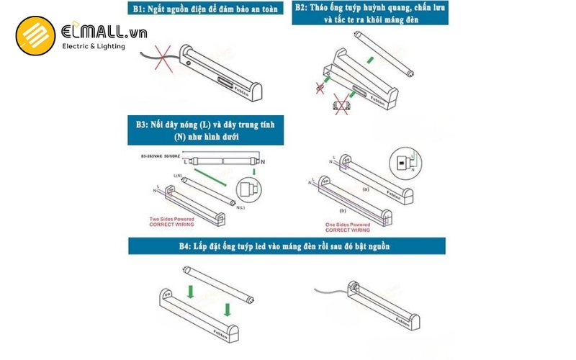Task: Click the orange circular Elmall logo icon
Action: [34, 37]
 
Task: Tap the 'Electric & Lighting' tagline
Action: [94, 46]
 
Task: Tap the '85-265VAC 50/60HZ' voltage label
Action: [163, 156]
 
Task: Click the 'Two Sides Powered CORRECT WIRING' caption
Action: [173, 222]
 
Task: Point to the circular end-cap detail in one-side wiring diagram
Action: [402, 163]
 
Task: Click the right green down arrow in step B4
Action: [228, 310]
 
